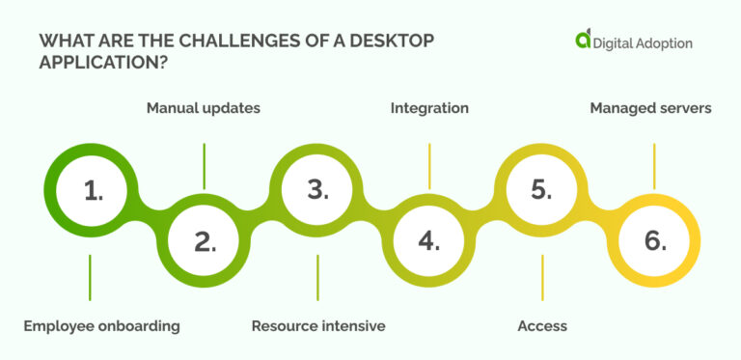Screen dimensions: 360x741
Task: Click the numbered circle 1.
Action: [93, 190]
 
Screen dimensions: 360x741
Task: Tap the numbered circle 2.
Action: [205, 240]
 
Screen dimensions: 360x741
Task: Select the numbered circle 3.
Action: [317, 190]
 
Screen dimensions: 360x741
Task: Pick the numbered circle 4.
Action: [429, 240]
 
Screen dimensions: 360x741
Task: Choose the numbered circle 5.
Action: [541, 190]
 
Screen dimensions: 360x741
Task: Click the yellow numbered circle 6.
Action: [654, 240]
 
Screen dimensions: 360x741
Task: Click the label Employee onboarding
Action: [101, 326]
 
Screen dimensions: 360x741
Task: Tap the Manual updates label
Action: [204, 108]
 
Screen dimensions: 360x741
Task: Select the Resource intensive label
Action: [318, 326]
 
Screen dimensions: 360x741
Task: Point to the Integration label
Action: [429, 108]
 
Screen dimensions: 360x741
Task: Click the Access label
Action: [542, 326]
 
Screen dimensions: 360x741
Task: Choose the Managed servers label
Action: [650, 108]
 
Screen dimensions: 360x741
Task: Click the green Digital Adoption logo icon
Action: [583, 40]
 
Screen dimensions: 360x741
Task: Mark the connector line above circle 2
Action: [205, 166]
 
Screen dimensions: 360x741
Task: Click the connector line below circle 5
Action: [542, 277]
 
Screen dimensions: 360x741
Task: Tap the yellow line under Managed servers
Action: [654, 166]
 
